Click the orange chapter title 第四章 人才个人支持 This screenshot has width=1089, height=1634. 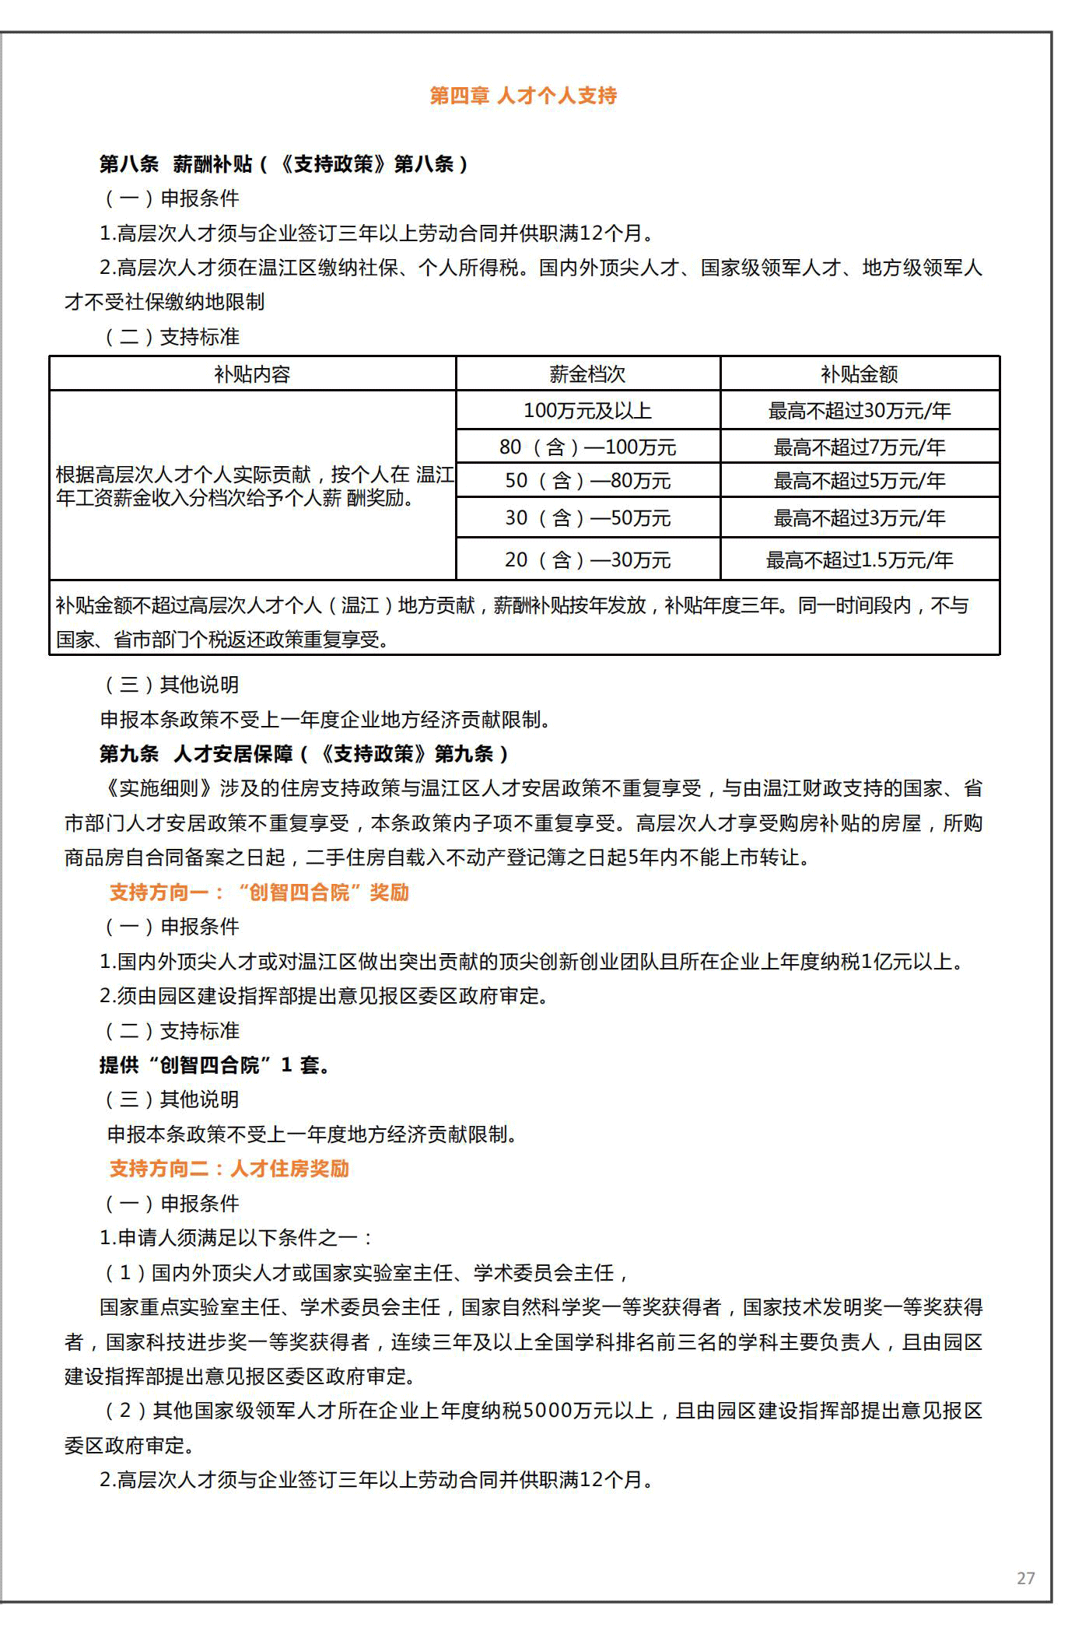523,96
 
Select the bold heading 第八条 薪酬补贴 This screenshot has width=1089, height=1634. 284,164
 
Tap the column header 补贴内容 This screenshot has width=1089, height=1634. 252,374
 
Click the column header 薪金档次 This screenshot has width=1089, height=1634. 587,374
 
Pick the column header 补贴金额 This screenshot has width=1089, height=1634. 860,374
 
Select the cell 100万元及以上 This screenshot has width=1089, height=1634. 587,410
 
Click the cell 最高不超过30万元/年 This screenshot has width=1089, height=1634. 860,410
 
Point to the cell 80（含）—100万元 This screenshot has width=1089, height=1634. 587,447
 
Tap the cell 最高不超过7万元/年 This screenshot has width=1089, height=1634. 860,447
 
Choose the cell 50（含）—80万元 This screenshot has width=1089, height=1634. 587,481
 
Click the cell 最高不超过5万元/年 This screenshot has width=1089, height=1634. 860,481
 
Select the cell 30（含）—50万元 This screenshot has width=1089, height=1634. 587,518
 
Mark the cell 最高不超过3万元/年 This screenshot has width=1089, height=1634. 860,518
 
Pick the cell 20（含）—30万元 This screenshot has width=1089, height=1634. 587,559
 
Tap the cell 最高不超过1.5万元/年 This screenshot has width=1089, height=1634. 860,559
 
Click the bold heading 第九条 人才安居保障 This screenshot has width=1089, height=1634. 304,754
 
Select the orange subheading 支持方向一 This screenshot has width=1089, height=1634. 259,892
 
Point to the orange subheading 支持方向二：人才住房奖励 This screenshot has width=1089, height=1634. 229,1169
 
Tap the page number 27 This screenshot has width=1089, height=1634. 1025,1578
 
